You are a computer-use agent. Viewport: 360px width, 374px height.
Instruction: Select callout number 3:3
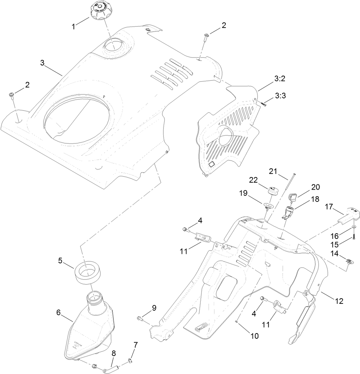coord(280,95)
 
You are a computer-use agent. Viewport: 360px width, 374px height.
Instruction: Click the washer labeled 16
coord(354,227)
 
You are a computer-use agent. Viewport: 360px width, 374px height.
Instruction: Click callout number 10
coord(254,336)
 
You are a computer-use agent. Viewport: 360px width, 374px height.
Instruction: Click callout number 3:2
coord(280,79)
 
